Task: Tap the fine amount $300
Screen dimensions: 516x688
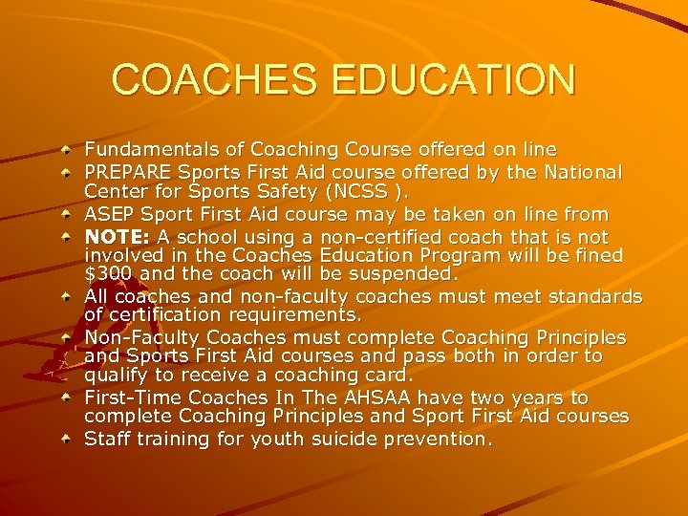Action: pyautogui.click(x=106, y=275)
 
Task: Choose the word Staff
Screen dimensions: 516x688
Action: pyautogui.click(x=107, y=439)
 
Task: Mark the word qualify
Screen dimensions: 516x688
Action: pyautogui.click(x=116, y=376)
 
